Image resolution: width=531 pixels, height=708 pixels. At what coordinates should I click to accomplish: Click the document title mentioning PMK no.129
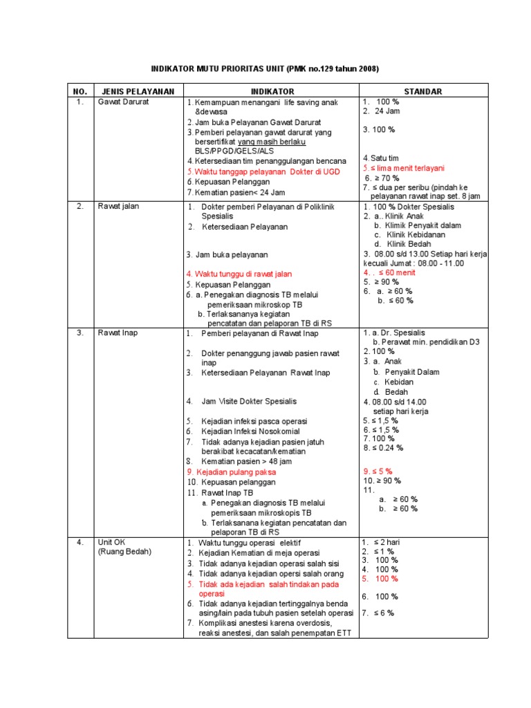265,70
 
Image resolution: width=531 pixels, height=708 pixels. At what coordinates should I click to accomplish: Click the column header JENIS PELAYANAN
138,91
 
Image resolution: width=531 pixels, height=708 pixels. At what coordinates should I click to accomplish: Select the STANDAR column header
423,91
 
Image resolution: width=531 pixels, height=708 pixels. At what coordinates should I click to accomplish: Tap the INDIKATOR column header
272,91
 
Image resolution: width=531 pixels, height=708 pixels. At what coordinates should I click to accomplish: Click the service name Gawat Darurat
123,102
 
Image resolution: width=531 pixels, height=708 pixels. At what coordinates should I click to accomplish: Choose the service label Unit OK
113,542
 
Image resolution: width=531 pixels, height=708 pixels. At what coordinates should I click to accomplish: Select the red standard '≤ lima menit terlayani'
404,168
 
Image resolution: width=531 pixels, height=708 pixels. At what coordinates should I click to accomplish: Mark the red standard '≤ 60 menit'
391,272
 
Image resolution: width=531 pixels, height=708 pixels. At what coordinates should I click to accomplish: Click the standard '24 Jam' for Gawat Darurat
387,111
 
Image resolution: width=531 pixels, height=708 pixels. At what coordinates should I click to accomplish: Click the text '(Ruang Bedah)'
124,552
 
